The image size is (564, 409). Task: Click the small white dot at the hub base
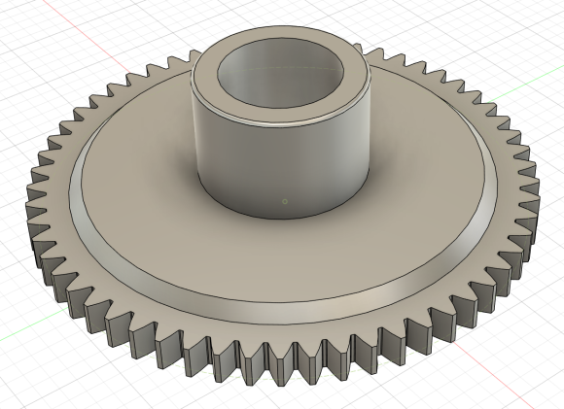283,201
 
